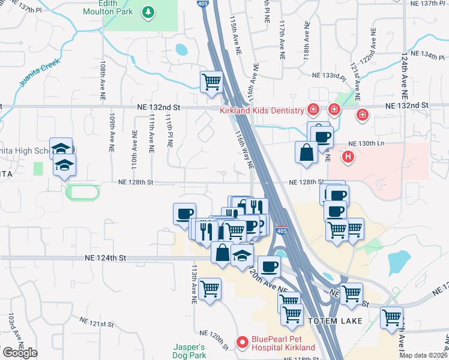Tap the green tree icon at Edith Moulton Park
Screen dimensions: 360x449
click(x=148, y=12)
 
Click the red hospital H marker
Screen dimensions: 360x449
click(x=347, y=157)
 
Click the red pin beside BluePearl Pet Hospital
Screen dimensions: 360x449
click(x=243, y=343)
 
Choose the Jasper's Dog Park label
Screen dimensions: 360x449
click(x=190, y=351)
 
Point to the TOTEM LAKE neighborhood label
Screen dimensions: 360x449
click(x=335, y=321)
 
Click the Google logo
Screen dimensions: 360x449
click(x=20, y=353)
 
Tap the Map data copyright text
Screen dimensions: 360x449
click(x=423, y=355)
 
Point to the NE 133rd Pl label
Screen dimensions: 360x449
click(x=330, y=76)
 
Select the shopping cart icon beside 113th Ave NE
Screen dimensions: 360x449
click(x=209, y=289)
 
